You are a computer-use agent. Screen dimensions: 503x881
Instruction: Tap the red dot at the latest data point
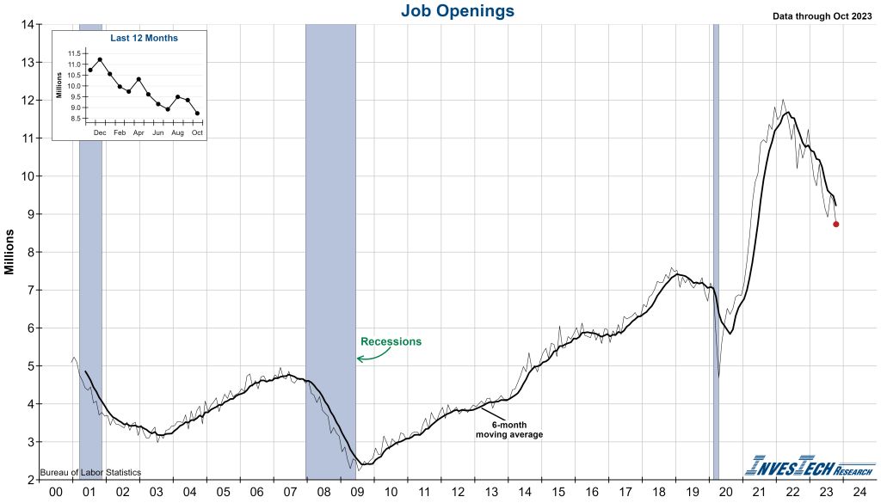point(836,224)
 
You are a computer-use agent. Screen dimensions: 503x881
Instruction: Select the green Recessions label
point(391,341)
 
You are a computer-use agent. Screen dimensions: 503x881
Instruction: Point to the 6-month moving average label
point(509,430)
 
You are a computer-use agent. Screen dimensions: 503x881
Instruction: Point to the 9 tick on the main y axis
point(29,214)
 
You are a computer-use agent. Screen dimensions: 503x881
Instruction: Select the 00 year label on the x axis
point(55,492)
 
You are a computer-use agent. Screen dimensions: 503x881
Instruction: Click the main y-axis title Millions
point(9,252)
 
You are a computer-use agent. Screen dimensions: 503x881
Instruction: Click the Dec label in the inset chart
point(100,133)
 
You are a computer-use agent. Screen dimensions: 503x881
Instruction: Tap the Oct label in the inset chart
point(197,133)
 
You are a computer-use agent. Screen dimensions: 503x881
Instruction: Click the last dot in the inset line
point(197,113)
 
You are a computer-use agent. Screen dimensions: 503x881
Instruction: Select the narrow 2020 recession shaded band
point(716,249)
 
